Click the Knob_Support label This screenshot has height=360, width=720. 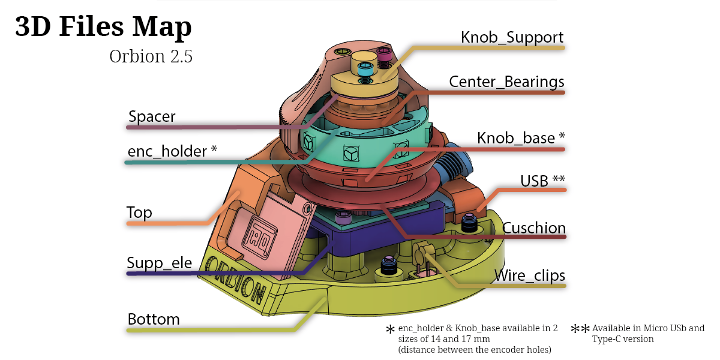(x=512, y=37)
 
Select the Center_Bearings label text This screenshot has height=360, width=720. (x=506, y=81)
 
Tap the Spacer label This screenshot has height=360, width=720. (x=152, y=116)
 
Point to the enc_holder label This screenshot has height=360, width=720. (x=172, y=151)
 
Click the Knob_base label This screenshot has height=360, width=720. (x=521, y=138)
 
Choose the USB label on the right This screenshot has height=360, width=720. (x=542, y=180)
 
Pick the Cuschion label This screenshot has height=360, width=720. (x=534, y=228)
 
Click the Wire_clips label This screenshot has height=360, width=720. (x=529, y=275)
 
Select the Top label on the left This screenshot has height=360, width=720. (x=139, y=212)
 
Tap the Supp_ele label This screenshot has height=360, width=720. (x=159, y=263)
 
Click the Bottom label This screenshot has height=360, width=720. (x=154, y=319)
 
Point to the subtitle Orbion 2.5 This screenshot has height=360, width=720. (x=151, y=56)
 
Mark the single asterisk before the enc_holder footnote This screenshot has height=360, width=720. (x=391, y=330)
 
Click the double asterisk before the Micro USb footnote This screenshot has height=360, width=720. (x=580, y=329)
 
